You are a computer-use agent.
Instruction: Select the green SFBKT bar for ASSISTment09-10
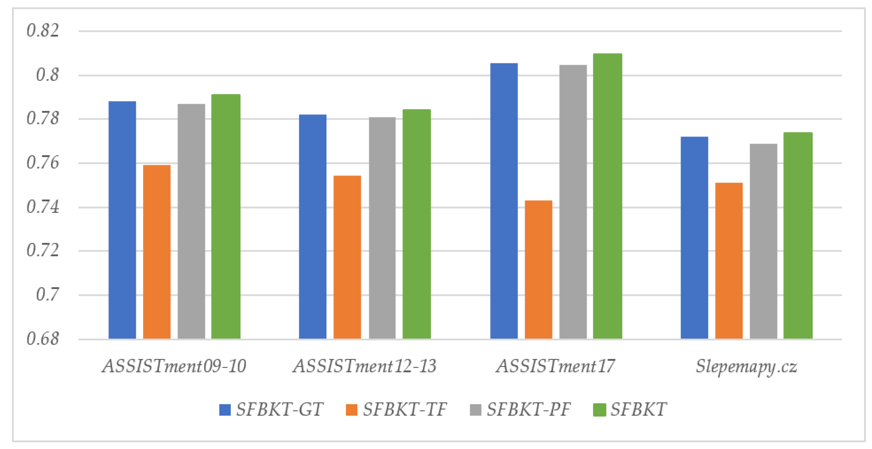[226, 217]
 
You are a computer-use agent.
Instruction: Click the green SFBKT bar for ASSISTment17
[607, 196]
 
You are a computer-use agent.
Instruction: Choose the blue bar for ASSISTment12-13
[312, 227]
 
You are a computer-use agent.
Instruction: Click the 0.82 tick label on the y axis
[43, 30]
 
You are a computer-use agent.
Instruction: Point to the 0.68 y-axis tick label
[43, 339]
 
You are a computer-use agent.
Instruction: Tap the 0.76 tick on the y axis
[43, 163]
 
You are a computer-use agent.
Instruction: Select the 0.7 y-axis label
[47, 295]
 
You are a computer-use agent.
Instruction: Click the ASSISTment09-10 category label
[174, 366]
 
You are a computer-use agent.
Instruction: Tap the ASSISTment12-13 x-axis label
[365, 366]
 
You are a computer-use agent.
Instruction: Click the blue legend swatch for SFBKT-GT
[225, 410]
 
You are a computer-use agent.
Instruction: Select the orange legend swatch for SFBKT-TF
[351, 410]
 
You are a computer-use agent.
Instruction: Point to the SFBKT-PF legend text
[529, 409]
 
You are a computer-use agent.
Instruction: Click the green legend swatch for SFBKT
[599, 410]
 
